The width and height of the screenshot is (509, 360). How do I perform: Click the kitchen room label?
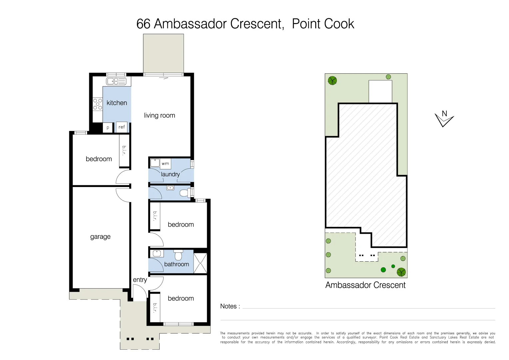click(117, 103)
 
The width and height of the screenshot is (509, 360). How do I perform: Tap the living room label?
click(159, 116)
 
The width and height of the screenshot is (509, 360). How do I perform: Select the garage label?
click(100, 237)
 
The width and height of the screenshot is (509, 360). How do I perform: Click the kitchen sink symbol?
click(116, 81)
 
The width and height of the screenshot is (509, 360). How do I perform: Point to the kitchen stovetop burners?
click(98, 104)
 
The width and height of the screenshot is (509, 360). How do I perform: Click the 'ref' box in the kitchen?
click(122, 127)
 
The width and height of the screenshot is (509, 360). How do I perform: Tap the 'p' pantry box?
click(108, 128)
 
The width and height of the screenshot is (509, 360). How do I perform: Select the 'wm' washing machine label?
click(165, 163)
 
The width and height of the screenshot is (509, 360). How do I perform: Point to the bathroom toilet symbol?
click(179, 255)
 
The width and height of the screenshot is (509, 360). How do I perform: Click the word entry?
click(140, 280)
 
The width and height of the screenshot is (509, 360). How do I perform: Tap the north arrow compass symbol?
click(444, 119)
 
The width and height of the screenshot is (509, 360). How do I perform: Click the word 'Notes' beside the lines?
click(229, 306)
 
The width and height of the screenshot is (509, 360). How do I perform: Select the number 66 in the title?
click(143, 24)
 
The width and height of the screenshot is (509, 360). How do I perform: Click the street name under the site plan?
click(365, 285)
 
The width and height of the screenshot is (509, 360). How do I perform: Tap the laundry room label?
click(170, 174)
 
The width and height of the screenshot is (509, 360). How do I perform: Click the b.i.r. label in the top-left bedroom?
click(124, 150)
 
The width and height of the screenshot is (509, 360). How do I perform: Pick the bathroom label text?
click(176, 264)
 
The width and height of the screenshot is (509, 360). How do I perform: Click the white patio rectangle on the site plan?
click(380, 91)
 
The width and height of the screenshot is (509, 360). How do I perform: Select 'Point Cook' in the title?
click(323, 24)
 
